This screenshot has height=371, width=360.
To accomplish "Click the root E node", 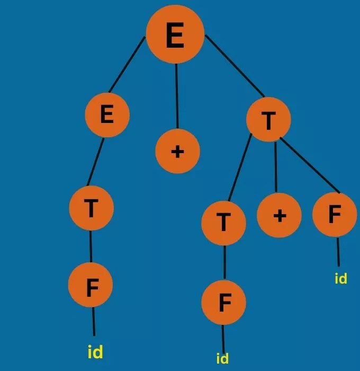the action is [175, 36].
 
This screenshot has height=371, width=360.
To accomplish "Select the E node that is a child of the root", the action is [107, 114].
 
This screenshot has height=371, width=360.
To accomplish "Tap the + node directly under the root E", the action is [177, 151].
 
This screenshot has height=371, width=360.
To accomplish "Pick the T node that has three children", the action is [268, 120].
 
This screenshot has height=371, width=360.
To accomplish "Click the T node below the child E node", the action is [91, 208].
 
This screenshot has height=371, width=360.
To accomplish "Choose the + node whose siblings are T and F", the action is [279, 215].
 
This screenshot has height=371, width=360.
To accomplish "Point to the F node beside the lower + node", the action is [334, 215].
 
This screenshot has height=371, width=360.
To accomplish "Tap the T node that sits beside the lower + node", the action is [223, 223].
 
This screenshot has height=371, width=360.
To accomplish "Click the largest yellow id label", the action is [94, 351].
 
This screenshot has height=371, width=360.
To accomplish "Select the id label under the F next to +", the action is [340, 278].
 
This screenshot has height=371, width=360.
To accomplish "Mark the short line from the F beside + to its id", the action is [338, 251].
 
